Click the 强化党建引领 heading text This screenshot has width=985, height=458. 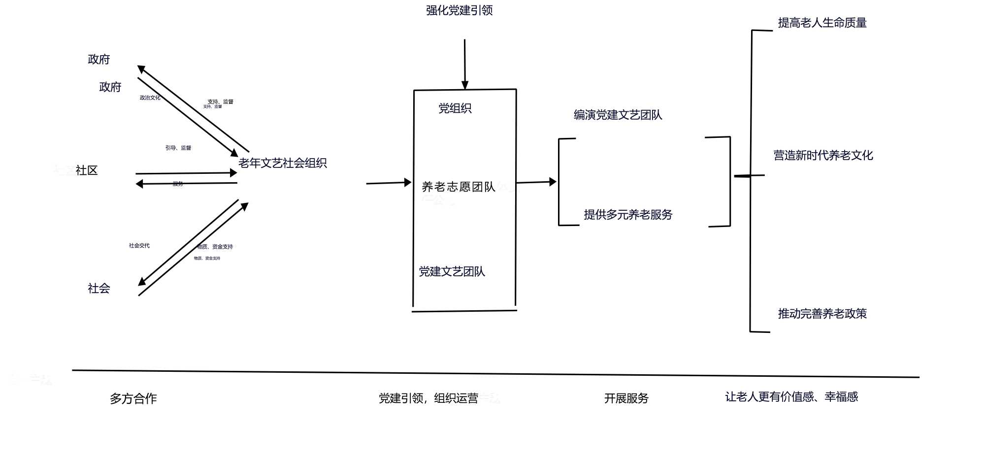(459, 10)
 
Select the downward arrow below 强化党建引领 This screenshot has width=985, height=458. (464, 65)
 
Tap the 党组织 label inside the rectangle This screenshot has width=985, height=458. (455, 108)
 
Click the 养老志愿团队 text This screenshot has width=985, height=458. (458, 187)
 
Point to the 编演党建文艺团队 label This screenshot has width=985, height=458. (618, 115)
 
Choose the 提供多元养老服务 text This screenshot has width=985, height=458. (628, 215)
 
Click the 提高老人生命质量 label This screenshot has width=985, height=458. (822, 23)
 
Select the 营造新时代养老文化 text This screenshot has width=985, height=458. (823, 156)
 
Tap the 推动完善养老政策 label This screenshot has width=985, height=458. (822, 314)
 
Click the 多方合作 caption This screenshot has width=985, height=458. (133, 398)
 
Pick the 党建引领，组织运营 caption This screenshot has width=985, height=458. (428, 398)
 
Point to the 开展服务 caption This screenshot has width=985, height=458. (626, 398)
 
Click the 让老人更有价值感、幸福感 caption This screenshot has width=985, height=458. (791, 397)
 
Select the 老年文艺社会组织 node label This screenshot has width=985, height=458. (282, 163)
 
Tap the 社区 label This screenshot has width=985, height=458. (87, 170)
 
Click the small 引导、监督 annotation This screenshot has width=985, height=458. (178, 148)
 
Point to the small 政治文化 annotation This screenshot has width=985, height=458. (150, 98)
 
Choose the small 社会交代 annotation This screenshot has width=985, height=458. (139, 245)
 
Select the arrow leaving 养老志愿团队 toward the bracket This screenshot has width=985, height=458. (536, 182)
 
